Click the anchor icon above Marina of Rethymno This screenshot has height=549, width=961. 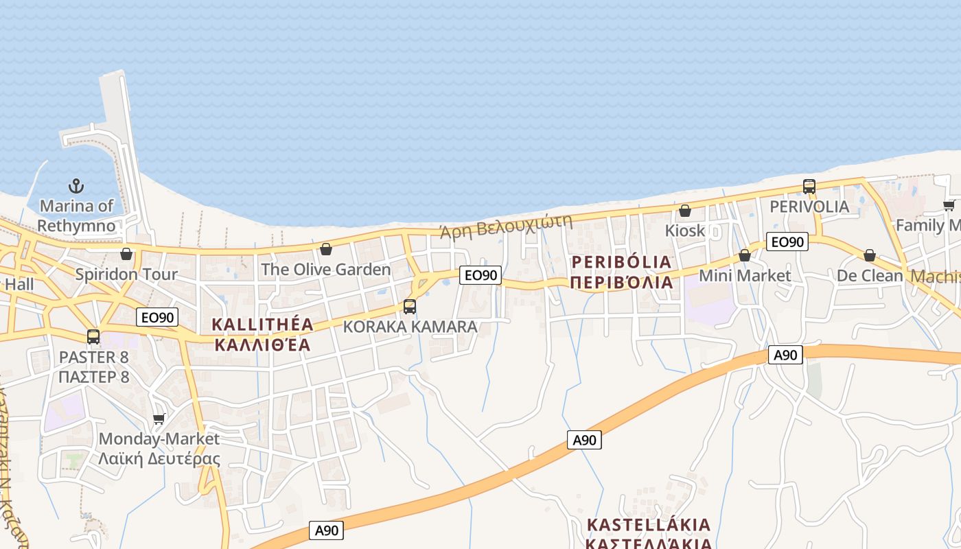[76, 186]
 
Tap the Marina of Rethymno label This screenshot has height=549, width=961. [76, 215]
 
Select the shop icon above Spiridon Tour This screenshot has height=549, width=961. [126, 255]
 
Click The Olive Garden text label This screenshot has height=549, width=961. [325, 270]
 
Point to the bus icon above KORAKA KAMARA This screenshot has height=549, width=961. [410, 307]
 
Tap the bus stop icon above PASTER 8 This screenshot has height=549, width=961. [93, 337]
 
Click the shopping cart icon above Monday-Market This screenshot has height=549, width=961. [159, 419]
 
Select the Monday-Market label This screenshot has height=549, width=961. [159, 439]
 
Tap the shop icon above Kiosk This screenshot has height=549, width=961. [685, 211]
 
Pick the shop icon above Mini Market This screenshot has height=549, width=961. [745, 256]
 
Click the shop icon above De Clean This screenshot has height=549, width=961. [870, 256]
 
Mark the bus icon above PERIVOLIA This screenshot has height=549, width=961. [809, 187]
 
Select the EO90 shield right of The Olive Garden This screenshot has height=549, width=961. [480, 275]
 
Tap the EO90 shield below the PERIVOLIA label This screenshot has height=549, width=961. [787, 242]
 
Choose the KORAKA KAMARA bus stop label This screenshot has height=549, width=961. [410, 327]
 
